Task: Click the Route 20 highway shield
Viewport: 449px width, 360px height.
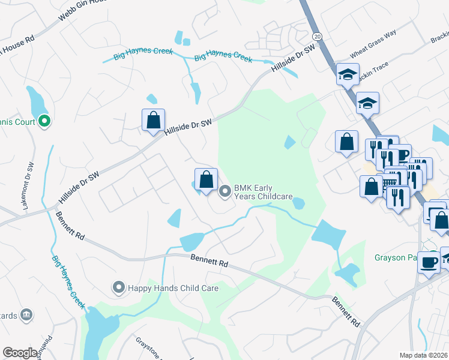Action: coord(317,37)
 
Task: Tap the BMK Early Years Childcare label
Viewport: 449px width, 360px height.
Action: coord(263,192)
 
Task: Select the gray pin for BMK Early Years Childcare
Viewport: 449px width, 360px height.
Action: coord(226,192)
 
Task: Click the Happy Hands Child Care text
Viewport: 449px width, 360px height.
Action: coord(172,288)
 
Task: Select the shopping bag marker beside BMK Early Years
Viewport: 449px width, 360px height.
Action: coord(206,179)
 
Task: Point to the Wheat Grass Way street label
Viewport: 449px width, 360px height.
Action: coord(373,46)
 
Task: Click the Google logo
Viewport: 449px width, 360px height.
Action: coord(20,353)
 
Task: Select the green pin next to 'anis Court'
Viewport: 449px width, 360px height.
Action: coord(44,122)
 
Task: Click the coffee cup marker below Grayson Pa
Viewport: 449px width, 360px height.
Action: coord(429,263)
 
